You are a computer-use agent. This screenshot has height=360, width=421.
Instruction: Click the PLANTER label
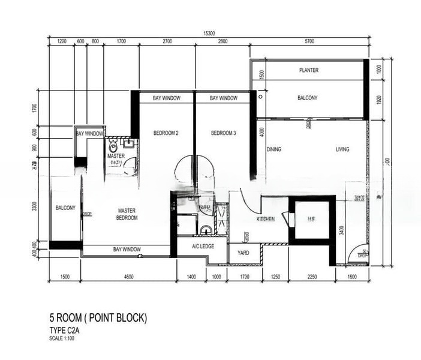[x=308, y=70]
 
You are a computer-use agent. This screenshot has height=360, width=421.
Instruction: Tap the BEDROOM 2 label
[x=166, y=133]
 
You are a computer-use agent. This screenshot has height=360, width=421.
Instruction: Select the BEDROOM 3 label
[x=223, y=133]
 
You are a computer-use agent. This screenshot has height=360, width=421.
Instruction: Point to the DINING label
[x=274, y=149]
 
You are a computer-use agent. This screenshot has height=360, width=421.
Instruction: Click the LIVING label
[x=342, y=149]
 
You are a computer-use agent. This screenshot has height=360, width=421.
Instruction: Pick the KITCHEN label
[x=267, y=220]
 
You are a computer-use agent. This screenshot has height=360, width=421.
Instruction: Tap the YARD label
[x=244, y=253]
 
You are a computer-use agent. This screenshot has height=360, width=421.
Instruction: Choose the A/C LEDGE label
[x=203, y=246]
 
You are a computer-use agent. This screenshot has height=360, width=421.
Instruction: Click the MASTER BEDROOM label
[x=127, y=214]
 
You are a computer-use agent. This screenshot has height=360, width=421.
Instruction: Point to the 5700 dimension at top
[x=309, y=42]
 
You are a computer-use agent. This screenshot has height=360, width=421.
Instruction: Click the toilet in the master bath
[x=113, y=147]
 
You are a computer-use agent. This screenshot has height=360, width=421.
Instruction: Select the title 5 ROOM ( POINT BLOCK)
[x=98, y=318]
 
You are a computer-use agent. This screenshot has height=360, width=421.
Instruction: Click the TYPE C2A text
[x=67, y=331]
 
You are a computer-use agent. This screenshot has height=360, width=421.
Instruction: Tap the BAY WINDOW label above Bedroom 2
[x=166, y=98]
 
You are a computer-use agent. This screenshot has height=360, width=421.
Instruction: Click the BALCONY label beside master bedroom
[x=65, y=208]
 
